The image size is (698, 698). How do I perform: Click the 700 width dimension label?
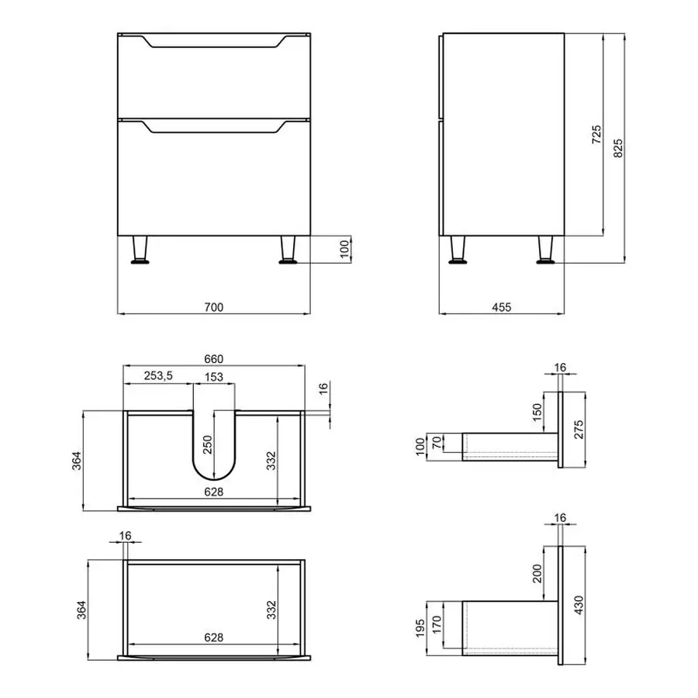pos(213,307)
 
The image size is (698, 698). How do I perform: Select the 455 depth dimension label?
pos(502,307)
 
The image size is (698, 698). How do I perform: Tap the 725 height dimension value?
pos(596,135)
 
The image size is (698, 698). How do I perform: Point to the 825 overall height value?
pos(618,147)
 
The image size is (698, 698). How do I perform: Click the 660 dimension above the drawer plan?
pos(213,358)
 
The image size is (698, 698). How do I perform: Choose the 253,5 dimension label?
pos(157,375)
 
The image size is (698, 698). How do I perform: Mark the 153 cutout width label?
pos(214,377)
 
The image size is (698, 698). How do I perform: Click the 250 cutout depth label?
pos(206,444)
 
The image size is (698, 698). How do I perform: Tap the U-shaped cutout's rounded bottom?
pos(215,475)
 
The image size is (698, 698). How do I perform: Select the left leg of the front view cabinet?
pos(140,250)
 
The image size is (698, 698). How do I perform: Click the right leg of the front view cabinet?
pos(289,250)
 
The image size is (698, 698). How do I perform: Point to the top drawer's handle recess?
pos(213,44)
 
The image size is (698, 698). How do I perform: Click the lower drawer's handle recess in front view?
pos(213,129)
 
